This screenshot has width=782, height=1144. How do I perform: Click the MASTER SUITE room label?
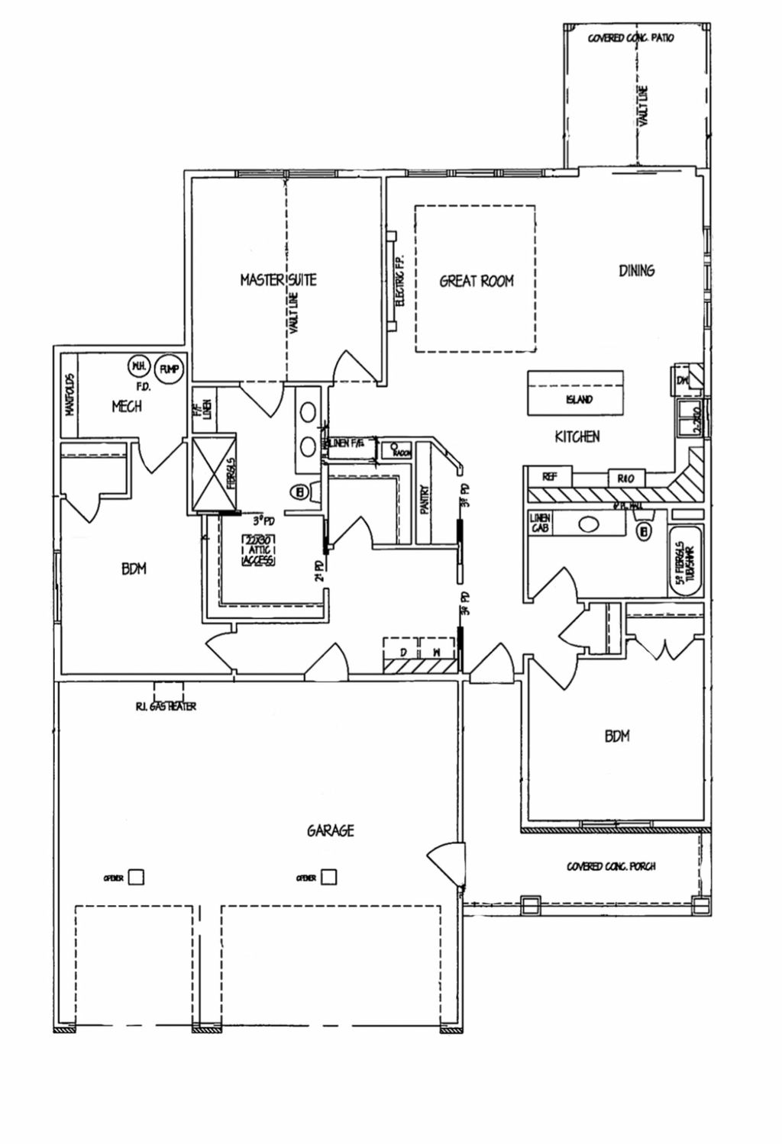pos(278,280)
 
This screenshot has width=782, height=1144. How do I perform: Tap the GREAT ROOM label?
pos(477,281)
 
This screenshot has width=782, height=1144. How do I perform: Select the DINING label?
pos(636,270)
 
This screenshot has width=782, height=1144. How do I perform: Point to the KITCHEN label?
pos(577,437)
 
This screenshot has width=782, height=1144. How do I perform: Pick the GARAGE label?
pos(331,830)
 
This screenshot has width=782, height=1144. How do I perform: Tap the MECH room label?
pos(127,406)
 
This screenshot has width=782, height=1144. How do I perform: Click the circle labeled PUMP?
pos(168,370)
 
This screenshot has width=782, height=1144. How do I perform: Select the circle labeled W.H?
pos(138,366)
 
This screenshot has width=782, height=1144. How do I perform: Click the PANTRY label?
pos(425,500)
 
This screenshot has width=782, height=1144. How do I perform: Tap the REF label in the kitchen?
pos(548,476)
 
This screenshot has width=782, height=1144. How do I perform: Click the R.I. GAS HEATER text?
pos(161,707)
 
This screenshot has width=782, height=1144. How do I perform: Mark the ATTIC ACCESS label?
pos(257,551)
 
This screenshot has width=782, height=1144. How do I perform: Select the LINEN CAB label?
pos(539,524)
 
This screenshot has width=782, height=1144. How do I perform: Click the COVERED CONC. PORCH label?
pos(611,866)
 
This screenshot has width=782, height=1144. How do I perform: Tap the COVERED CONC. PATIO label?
pos(631,37)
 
